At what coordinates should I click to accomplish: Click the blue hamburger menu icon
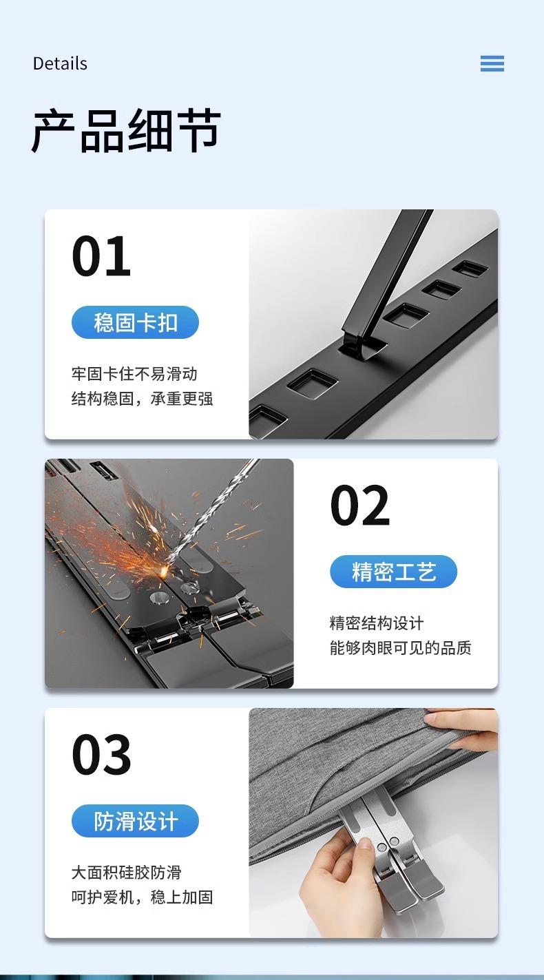492,63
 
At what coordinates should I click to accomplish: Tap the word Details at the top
60,63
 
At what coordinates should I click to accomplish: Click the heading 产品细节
126,130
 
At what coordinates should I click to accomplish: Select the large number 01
101,256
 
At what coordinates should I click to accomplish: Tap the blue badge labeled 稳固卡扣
135,322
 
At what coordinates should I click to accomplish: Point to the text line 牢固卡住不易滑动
134,374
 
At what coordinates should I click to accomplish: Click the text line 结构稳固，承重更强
142,399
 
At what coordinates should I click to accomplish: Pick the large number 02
359,505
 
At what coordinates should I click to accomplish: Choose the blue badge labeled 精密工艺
393,572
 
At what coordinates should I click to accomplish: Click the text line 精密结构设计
377,623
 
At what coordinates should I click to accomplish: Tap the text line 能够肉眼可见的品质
401,647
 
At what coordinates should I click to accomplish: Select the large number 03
101,755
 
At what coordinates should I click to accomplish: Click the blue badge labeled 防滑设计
135,821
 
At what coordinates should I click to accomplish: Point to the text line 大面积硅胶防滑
127,873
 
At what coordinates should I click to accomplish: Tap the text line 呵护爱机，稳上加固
142,897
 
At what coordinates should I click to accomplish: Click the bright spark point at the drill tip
165,569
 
